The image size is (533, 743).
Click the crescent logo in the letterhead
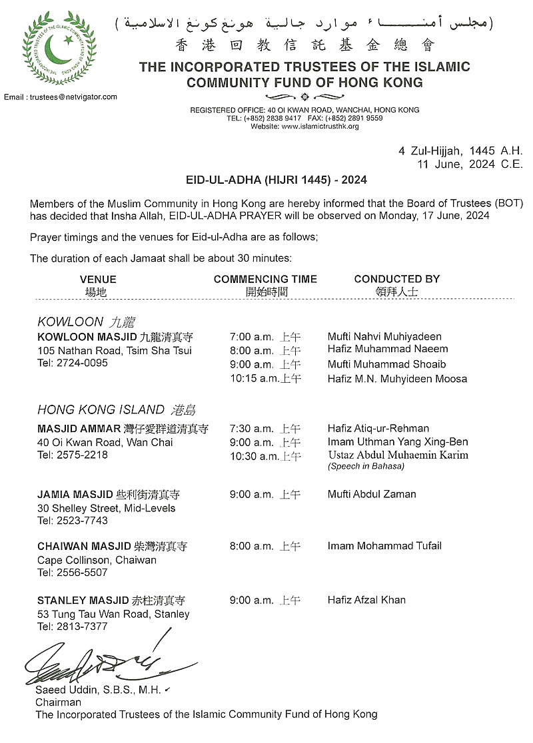click(59, 49)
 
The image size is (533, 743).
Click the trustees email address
click(61, 97)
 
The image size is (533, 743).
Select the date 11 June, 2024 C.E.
click(470, 164)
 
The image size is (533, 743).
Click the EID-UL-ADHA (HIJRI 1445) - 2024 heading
click(276, 180)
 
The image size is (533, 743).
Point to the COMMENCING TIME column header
click(265, 279)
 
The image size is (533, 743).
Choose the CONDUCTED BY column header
click(396, 279)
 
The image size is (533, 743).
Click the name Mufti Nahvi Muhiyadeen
click(384, 337)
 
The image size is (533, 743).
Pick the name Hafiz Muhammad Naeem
click(388, 349)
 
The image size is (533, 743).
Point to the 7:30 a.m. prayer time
click(251, 429)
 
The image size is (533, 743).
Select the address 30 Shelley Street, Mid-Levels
click(107, 508)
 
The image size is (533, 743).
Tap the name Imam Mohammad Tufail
click(384, 546)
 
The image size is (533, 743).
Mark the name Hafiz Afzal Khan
click(366, 600)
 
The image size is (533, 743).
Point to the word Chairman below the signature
click(58, 702)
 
